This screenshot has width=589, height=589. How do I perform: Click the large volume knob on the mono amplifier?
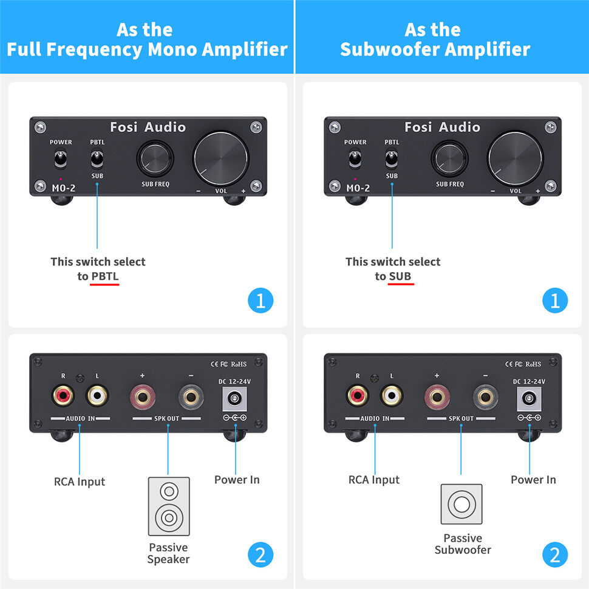pos(220,158)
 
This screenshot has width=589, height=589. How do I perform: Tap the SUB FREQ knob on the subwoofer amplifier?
pos(449,158)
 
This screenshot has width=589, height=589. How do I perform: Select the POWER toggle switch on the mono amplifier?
pos(61,159)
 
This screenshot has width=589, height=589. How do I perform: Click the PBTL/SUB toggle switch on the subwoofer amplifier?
pos(392,159)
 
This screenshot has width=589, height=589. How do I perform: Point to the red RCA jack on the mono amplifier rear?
pos(63,395)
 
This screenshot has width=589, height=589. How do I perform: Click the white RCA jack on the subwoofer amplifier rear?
pos(392,395)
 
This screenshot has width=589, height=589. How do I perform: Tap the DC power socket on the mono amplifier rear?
pos(235,398)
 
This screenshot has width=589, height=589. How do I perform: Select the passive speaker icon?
pos(169,506)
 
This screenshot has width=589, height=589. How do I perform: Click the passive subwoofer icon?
pos(461,504)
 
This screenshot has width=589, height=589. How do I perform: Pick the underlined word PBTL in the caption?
pos(105,276)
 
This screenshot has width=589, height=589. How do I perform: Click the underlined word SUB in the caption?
pos(400,276)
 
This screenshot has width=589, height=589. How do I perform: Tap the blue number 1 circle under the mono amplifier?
pos(260,301)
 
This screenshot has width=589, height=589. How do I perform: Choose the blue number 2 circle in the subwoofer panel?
pos(555,555)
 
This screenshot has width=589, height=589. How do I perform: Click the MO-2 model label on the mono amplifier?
pos(64,188)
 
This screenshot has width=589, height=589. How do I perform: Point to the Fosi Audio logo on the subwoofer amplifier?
pos(443,127)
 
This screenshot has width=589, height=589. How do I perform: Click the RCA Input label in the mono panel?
pos(80,482)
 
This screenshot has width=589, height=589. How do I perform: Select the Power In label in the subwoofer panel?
pos(533,480)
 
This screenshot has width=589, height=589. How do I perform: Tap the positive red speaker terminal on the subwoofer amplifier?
pos(437,397)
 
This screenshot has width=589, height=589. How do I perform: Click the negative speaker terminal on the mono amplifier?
pos(191,397)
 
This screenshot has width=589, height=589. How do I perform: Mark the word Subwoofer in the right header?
pos(395,49)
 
